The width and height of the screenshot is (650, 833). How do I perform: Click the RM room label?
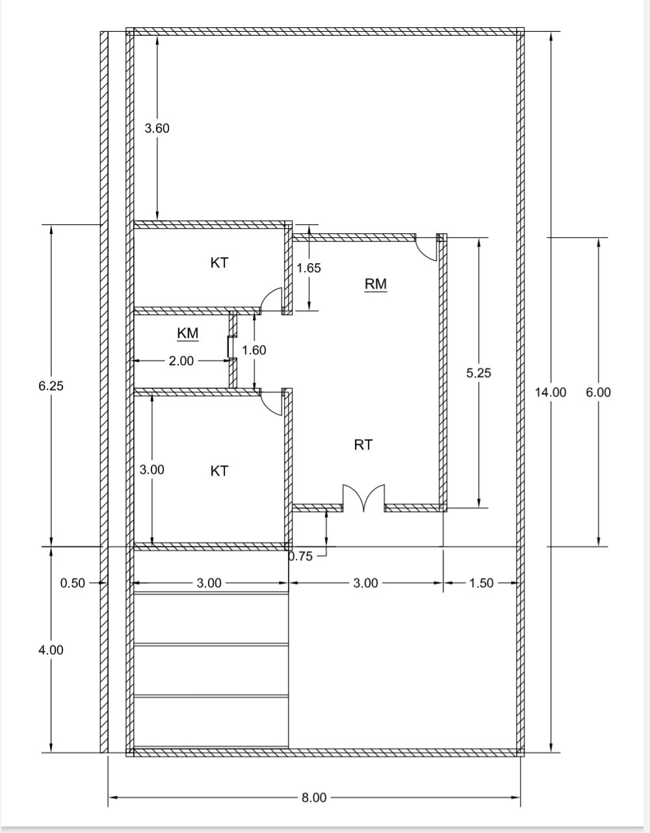coord(376,284)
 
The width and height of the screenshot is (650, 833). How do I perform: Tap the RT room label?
coord(363,444)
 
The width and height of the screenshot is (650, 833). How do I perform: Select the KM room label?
coord(188,333)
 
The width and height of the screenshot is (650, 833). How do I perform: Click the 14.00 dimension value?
coord(551,392)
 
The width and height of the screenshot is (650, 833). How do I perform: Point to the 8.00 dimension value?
coord(314,797)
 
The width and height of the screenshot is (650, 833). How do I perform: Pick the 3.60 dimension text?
coord(157,128)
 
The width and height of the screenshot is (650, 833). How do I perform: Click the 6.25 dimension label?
coord(51,386)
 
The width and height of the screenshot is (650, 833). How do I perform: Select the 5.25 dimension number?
coord(478,372)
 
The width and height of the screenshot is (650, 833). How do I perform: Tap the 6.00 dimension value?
coord(598,392)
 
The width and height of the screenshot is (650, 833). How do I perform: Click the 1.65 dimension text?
coord(309,268)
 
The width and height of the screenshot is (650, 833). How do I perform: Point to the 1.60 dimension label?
coord(254,350)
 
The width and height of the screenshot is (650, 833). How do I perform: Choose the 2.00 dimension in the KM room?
coord(181,361)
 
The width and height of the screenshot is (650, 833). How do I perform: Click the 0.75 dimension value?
coord(301,556)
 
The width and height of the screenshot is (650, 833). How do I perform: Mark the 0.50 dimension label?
coord(73,583)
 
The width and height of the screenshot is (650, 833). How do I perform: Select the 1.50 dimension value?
coord(481,583)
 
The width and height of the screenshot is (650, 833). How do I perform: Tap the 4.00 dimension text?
coord(51,650)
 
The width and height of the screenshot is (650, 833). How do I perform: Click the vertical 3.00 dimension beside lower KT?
coord(152,470)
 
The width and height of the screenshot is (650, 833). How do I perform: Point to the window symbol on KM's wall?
coord(229,346)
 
